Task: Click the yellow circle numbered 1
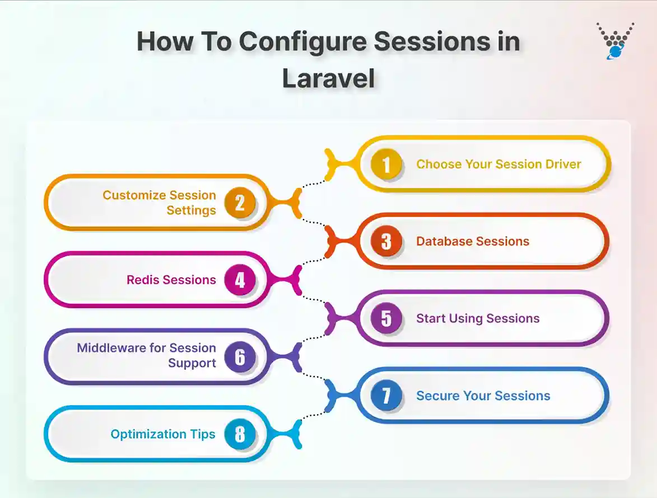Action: click(386, 165)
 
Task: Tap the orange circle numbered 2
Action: click(240, 203)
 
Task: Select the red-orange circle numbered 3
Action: click(386, 242)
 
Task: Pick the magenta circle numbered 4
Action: click(240, 280)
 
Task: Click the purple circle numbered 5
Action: click(386, 318)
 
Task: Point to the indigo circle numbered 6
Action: click(240, 357)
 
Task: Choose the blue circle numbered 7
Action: click(386, 396)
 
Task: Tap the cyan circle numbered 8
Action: click(240, 434)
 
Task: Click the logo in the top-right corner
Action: click(615, 40)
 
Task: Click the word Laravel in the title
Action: click(328, 78)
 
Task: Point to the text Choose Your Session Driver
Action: click(498, 165)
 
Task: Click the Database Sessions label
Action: click(472, 242)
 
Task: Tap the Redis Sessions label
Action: click(171, 280)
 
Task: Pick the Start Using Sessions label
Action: click(477, 318)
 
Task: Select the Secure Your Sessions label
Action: click(483, 396)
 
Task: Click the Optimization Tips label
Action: click(162, 434)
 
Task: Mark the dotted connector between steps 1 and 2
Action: click(314, 184)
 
